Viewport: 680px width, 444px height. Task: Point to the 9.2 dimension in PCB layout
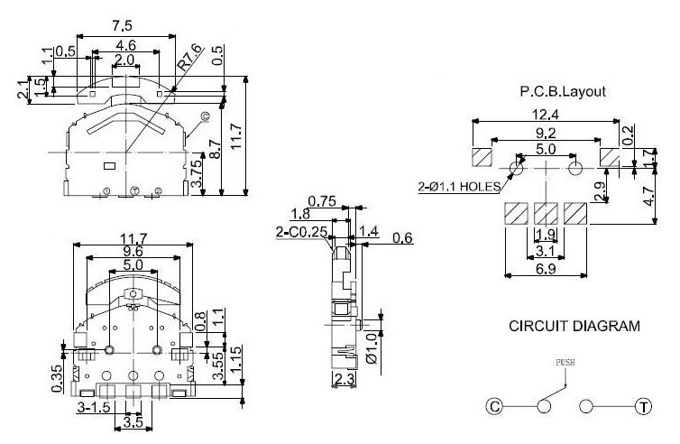point(546,133)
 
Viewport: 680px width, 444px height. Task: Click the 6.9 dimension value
point(546,270)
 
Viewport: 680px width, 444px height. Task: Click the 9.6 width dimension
point(133,252)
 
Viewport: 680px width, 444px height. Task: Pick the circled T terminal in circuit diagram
point(643,407)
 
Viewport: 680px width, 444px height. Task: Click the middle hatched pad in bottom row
point(546,214)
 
